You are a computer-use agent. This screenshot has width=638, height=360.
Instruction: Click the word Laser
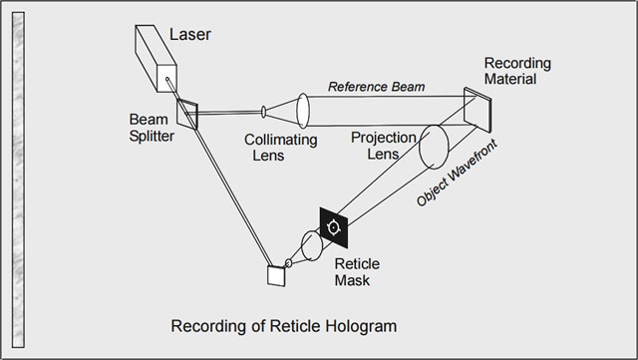point(190,34)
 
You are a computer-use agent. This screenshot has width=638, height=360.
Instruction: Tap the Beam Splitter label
point(152,128)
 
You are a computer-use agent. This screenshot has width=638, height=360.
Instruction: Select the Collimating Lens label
point(281,148)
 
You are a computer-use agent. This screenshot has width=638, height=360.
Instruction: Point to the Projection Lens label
point(383,146)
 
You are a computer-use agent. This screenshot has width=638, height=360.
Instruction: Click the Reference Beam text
point(377,87)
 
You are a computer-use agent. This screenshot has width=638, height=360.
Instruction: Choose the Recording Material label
point(517,71)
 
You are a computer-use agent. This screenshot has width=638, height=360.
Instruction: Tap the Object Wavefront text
point(457,173)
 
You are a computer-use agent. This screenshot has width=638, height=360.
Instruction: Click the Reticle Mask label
point(357,272)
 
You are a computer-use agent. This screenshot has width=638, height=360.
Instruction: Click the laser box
point(156,58)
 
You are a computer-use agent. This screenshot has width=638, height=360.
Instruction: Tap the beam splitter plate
point(187,115)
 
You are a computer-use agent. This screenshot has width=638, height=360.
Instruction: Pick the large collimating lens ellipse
point(303,111)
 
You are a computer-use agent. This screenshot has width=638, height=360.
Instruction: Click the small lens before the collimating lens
point(263,112)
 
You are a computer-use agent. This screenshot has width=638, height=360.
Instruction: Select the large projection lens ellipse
point(434,147)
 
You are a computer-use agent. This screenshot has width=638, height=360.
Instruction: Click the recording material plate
point(478,110)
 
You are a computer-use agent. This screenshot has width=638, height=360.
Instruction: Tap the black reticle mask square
point(334,227)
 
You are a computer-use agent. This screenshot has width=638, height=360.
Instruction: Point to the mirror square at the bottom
point(276,275)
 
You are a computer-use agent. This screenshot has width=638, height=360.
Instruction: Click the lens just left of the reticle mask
point(312,245)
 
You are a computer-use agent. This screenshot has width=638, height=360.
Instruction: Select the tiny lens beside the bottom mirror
point(288,263)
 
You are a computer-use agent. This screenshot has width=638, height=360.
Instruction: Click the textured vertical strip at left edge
point(18,180)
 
